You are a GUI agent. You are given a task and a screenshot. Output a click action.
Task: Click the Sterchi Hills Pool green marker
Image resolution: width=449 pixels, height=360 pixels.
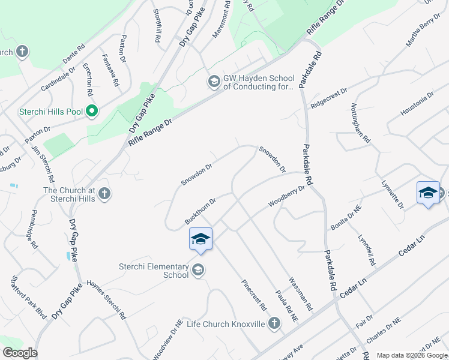(x=92, y=111)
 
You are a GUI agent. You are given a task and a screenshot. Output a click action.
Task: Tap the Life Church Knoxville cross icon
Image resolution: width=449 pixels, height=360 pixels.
(x=274, y=324)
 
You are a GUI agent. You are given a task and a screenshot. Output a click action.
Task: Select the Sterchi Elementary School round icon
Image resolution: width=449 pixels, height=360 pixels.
(x=197, y=271)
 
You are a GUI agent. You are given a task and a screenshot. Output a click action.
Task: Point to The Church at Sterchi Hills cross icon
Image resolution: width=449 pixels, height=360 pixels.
(x=104, y=193)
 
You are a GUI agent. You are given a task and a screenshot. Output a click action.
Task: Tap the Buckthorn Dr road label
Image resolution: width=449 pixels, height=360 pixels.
(x=200, y=212)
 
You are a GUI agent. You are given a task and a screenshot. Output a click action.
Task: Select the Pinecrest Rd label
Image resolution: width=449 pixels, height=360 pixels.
(x=254, y=295)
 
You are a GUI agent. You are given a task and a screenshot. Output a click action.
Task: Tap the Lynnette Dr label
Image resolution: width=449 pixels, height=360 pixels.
(x=391, y=194)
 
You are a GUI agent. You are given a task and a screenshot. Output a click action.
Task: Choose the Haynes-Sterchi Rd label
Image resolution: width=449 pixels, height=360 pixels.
(x=106, y=299)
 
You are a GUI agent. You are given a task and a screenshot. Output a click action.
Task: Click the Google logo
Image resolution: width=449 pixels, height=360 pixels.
(x=20, y=353)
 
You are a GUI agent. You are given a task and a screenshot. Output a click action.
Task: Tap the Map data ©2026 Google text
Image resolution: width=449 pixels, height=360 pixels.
(x=411, y=355)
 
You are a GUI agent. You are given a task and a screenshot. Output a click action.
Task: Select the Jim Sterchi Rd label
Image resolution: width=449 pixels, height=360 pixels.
(x=43, y=163)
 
